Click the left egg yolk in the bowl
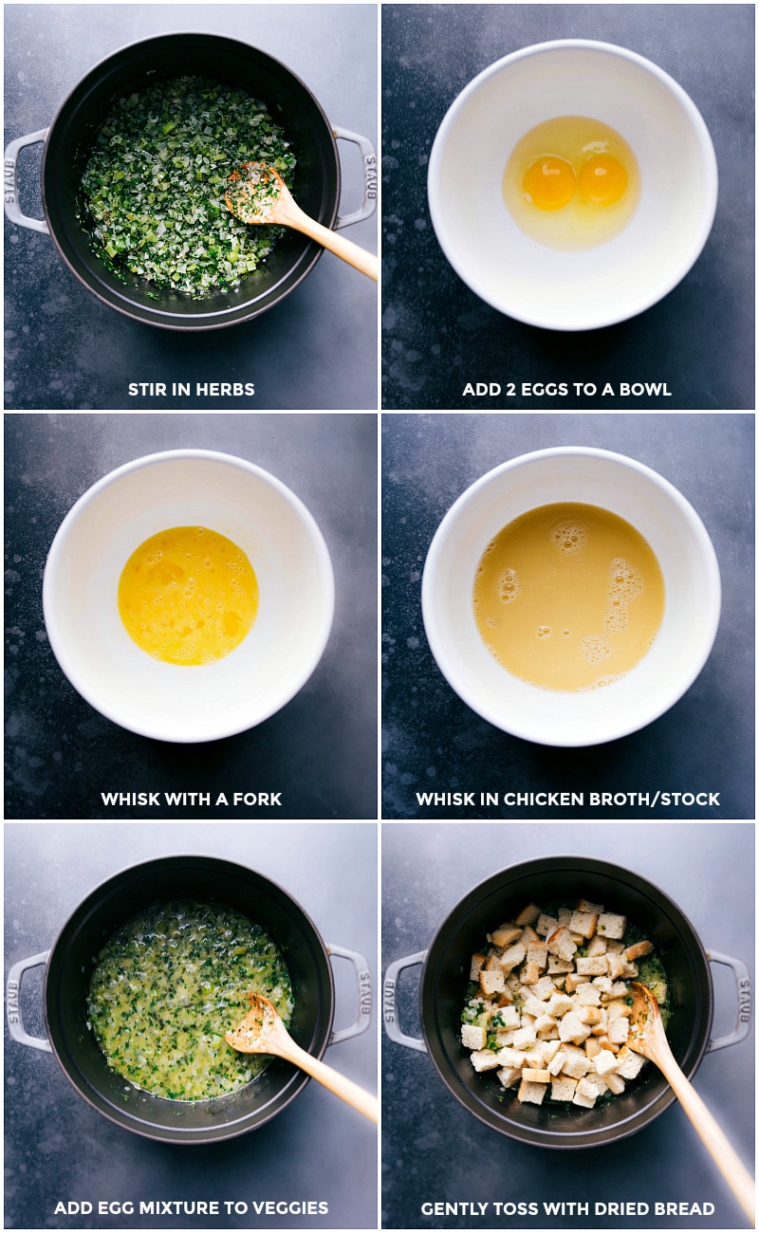coord(548,182)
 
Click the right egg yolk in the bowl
coord(603,179)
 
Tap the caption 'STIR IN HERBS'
coord(191,389)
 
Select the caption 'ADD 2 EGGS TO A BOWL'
coord(566,389)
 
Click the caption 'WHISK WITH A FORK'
coord(191,800)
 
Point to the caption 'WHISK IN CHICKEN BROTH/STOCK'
coord(567,800)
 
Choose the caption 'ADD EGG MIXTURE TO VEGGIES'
coord(191,1207)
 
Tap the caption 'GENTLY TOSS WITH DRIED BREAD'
coord(567,1208)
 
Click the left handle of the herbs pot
coord(23,181)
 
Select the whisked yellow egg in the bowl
coord(188,595)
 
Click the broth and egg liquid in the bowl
coord(567,596)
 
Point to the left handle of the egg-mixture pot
coord(26,1000)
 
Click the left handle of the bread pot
coord(402,1002)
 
